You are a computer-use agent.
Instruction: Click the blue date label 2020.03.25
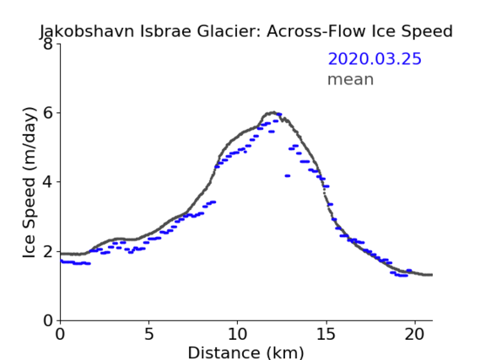(x=375, y=59)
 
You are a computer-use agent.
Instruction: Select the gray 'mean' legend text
(x=351, y=79)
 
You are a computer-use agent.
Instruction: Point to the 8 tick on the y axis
(x=48, y=44)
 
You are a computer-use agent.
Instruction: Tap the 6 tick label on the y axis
(x=48, y=113)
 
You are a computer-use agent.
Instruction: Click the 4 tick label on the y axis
(x=48, y=182)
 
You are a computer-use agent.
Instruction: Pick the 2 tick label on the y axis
(x=48, y=251)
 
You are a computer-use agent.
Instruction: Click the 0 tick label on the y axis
(x=48, y=320)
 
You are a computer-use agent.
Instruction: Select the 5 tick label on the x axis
(x=148, y=334)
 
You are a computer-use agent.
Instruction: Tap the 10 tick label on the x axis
(x=238, y=334)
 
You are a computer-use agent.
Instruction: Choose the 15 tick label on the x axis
(x=326, y=334)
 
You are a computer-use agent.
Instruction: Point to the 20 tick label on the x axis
(x=415, y=334)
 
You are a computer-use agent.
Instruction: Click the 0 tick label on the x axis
(x=60, y=334)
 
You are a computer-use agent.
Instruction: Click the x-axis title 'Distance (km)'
(x=245, y=352)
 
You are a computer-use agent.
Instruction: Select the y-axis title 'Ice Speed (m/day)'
(x=30, y=182)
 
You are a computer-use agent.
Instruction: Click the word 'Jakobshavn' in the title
(x=87, y=31)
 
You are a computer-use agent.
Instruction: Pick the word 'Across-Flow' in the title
(x=316, y=31)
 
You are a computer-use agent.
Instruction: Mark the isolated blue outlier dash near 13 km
(x=287, y=176)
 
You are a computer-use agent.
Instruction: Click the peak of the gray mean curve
(x=272, y=113)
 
